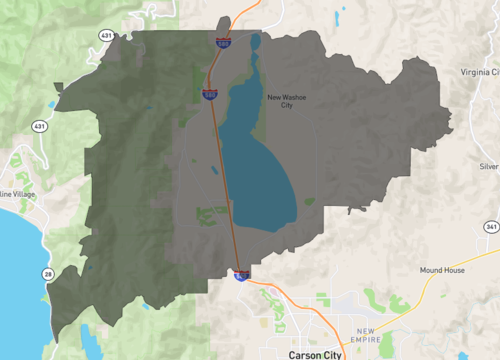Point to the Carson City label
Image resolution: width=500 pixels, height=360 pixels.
click(x=315, y=354)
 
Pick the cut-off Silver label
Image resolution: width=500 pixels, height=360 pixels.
click(x=488, y=166)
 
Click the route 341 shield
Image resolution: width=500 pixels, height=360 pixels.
click(x=491, y=228)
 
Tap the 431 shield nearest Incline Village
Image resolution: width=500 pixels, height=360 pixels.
click(x=38, y=127)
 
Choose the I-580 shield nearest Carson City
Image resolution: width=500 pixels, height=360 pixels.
click(x=241, y=274)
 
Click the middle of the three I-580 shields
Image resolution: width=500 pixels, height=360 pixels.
click(x=210, y=94)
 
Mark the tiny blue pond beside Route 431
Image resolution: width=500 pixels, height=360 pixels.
click(x=51, y=104)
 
